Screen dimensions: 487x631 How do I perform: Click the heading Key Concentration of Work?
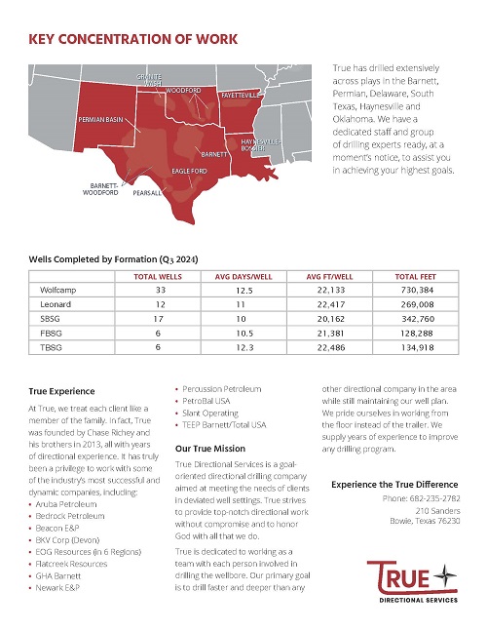133,39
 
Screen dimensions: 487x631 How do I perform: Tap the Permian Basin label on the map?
100,120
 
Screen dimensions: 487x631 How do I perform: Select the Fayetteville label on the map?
241,95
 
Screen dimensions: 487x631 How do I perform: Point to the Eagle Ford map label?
189,171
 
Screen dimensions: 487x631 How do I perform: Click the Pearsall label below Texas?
147,193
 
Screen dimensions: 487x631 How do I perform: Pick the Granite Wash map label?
149,80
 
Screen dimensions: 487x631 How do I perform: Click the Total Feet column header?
415,277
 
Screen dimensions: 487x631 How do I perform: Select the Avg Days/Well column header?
243,277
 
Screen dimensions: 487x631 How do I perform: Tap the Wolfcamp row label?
57,290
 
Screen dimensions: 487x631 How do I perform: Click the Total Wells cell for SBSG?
159,319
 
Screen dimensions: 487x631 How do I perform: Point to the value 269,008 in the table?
417,304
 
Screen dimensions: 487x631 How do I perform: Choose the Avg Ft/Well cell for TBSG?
331,348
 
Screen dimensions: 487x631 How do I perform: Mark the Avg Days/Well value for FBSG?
244,334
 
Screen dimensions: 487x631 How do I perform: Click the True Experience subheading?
62,391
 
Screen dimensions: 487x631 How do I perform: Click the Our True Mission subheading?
210,449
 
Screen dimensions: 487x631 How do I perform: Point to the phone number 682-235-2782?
434,498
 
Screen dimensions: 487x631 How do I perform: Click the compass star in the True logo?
444,575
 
